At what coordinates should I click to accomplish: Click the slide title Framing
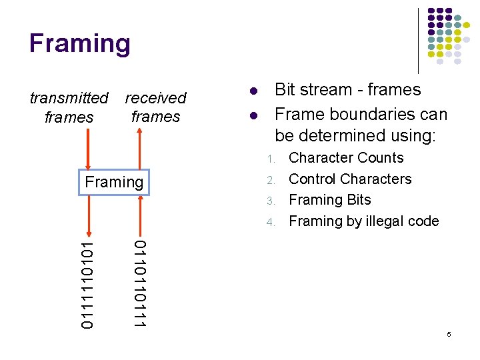pos(80,44)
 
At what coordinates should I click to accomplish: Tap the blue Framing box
pos(115,182)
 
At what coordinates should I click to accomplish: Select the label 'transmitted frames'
pos(69,107)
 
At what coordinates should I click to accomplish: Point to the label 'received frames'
pos(155,107)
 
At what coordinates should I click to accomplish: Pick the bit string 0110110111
pos(139,284)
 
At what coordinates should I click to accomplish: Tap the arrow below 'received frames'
pos(139,149)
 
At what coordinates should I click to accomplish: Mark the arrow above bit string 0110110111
pos(139,215)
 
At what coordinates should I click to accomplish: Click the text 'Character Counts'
pos(346,158)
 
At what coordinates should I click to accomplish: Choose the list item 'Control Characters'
pos(350,179)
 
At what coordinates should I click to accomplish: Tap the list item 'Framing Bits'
pos(329,200)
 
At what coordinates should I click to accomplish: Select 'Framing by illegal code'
pos(363,221)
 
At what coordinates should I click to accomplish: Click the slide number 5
pos(449,333)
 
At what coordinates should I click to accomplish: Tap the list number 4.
pos(270,222)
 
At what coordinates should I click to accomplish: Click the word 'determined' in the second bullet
pos(354,136)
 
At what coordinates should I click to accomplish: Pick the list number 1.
pos(270,159)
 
